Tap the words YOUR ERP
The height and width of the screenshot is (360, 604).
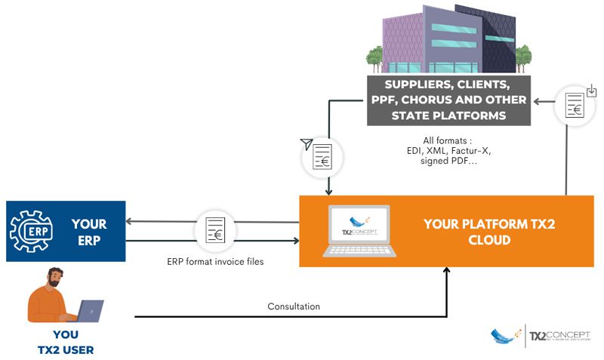[89, 232]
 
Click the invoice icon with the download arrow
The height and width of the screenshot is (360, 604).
[575, 105]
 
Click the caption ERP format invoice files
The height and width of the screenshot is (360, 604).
[215, 262]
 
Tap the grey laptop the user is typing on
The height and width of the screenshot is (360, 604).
[88, 310]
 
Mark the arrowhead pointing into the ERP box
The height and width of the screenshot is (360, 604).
[130, 222]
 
